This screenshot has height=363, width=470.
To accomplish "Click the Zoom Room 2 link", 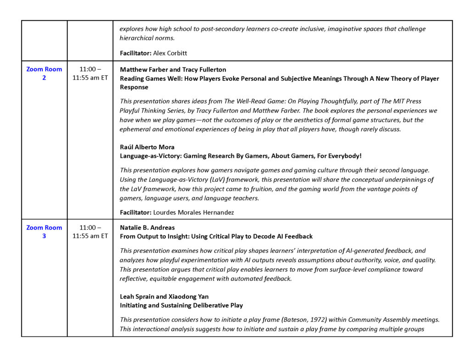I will [44, 73].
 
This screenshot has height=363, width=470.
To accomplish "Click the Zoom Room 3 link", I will [44, 232].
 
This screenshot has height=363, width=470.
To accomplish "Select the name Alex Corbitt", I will [170, 53].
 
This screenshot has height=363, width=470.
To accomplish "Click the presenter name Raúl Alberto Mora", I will [147, 147].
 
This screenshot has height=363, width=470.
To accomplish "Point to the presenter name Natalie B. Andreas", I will [147, 228].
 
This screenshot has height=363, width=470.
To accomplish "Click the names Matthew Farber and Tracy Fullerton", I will [173, 70].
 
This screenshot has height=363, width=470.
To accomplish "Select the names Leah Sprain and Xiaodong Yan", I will [164, 296].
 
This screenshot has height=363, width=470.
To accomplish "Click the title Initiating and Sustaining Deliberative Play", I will [181, 305].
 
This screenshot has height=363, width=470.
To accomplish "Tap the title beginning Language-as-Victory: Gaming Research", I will [241, 156].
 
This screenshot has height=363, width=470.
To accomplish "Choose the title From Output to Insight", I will [216, 236].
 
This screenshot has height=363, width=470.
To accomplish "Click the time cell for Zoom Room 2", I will [90, 73].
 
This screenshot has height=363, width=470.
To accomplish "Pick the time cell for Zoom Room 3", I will [90, 232].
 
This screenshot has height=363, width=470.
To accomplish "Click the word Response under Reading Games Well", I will [134, 87].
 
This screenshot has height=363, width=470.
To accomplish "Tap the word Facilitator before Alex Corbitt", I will [135, 53].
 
